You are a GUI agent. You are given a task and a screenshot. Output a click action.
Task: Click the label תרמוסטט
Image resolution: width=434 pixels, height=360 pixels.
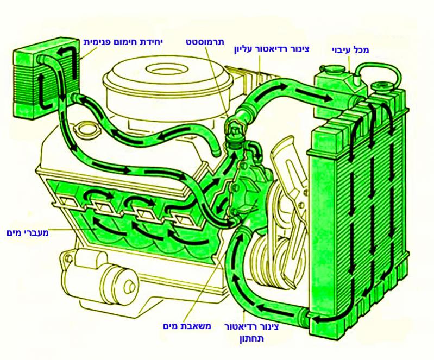pos(205,42)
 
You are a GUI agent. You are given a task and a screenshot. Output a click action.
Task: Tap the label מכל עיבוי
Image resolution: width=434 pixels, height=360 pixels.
pos(350,50)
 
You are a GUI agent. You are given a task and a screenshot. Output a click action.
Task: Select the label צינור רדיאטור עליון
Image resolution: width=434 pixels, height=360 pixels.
pos(272,49)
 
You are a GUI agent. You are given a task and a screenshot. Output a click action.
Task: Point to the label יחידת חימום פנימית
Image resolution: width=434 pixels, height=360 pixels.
pos(123,42)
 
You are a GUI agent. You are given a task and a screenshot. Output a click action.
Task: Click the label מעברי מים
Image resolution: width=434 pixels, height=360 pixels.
pos(27,233)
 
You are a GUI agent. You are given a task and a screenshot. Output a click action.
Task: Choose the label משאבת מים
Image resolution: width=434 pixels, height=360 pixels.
pos(187,326)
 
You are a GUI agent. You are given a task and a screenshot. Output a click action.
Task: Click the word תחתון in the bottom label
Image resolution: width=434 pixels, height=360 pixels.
pos(251,339)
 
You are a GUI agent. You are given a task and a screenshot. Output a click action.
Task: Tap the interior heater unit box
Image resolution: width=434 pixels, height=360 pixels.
pos(47,79)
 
